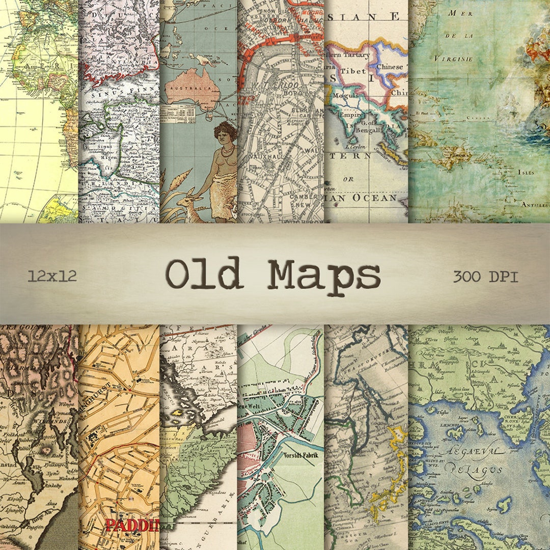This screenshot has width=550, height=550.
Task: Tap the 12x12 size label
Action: pos(52,276)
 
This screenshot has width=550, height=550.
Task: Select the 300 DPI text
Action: pos(485,277)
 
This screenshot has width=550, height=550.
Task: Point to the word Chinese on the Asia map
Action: pos(389,66)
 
